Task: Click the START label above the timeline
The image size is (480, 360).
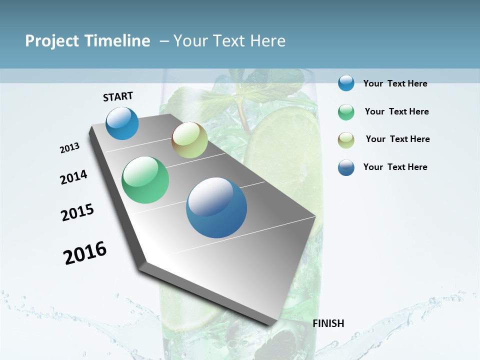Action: tap(118, 96)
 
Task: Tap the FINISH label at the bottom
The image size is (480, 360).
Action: tap(328, 323)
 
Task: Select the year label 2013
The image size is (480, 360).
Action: tap(69, 148)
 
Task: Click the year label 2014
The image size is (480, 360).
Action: tap(73, 177)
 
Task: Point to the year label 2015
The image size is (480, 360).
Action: tap(77, 212)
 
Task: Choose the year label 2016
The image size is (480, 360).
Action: tap(85, 253)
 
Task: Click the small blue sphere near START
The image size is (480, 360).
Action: tap(122, 123)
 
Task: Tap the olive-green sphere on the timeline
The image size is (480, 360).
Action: tap(189, 140)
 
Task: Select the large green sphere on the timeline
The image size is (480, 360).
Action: tap(145, 180)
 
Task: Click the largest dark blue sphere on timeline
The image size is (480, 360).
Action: tap(216, 207)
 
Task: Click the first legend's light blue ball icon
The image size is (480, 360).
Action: tap(346, 83)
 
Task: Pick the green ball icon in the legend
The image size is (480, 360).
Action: tap(346, 112)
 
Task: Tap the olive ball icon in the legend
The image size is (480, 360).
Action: tap(346, 139)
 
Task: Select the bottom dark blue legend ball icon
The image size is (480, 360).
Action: tap(346, 167)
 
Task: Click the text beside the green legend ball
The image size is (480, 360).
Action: tap(396, 111)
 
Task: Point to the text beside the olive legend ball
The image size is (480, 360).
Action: tap(397, 139)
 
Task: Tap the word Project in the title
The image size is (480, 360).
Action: tap(52, 41)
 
